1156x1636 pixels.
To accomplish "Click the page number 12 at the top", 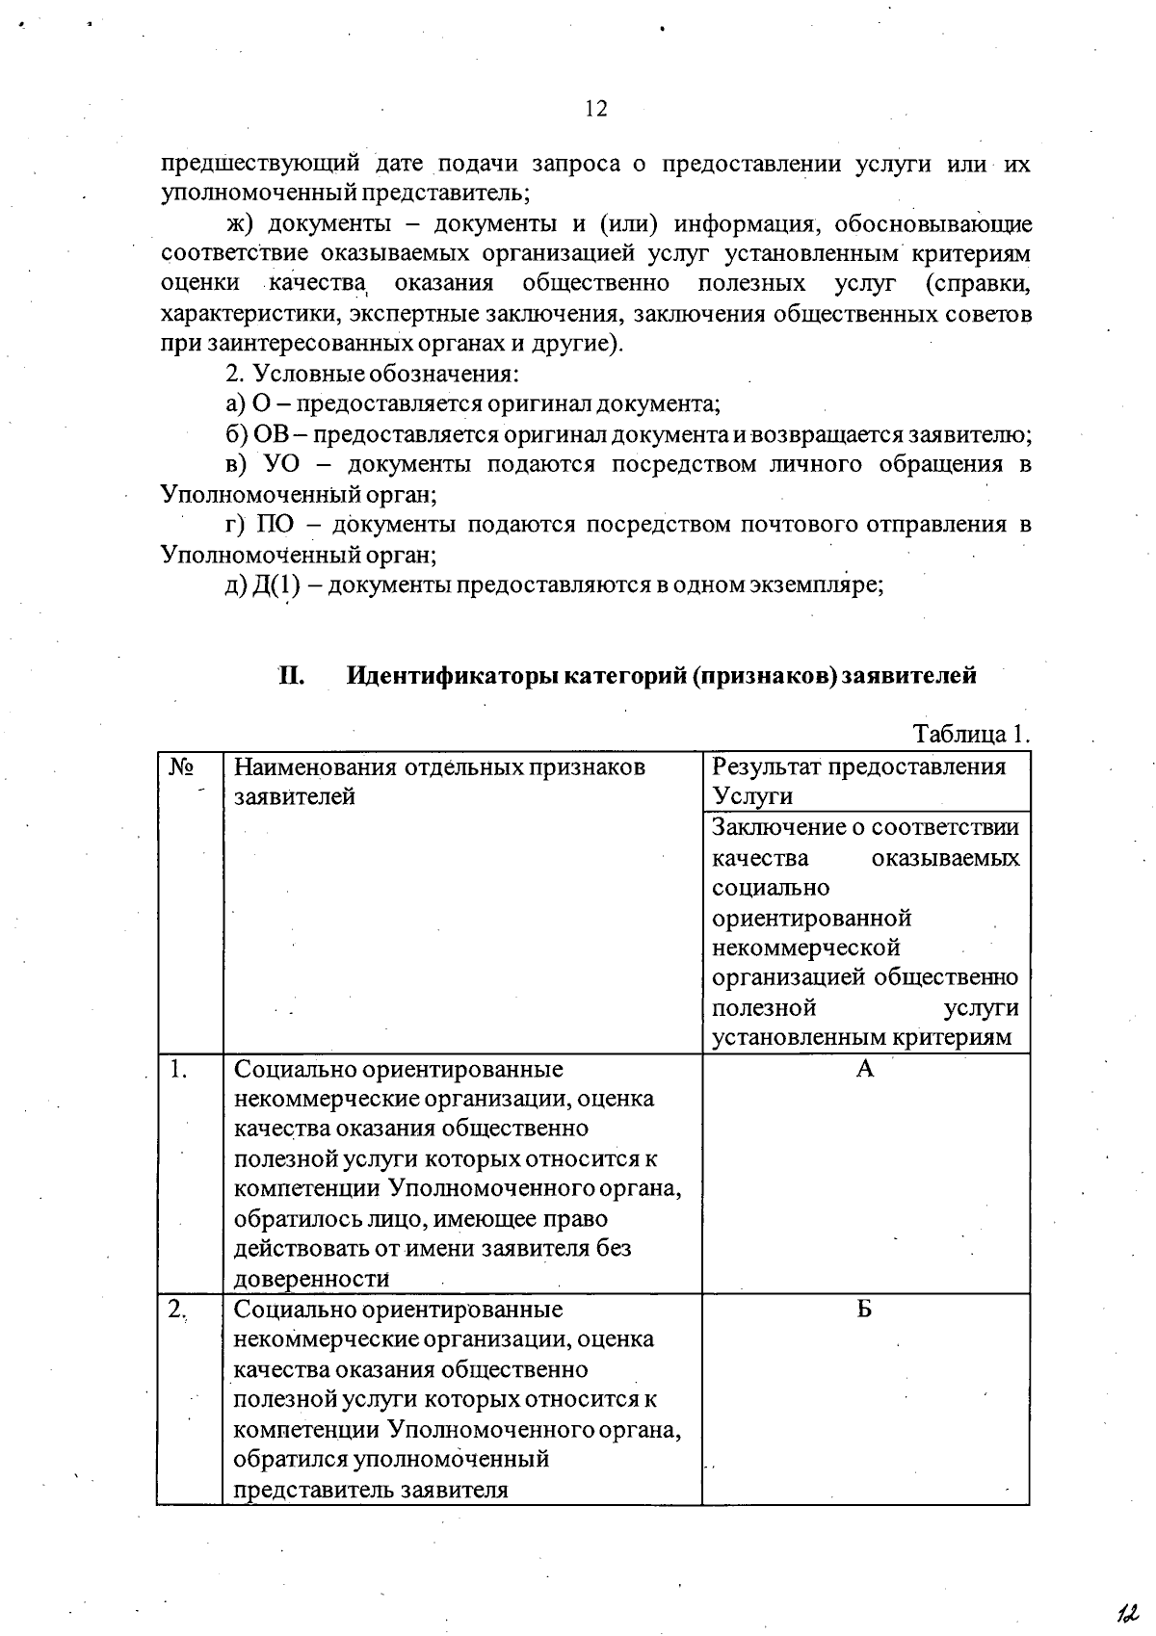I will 596,109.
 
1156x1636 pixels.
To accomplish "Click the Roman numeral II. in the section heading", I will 291,675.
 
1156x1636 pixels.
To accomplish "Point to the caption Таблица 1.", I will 971,734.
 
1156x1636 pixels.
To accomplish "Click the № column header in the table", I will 181,766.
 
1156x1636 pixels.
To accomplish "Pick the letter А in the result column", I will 865,1068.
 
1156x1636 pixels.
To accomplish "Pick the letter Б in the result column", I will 865,1309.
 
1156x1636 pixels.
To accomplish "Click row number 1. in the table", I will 177,1068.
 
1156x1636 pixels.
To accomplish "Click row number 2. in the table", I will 177,1309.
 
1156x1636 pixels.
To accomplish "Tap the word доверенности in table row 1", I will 312,1279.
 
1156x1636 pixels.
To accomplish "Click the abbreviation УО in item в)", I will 281,464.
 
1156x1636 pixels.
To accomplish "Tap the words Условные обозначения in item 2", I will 385,375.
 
